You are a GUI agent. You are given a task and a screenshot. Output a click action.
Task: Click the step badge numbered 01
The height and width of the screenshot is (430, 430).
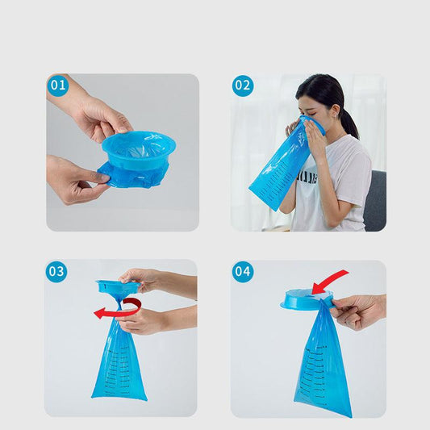tap(58, 86)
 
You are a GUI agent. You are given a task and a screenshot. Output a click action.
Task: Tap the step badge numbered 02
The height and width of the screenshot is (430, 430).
tap(243, 86)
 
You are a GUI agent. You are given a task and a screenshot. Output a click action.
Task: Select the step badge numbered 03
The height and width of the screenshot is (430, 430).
tap(56, 272)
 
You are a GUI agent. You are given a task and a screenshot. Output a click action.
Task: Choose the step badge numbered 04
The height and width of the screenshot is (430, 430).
tap(243, 272)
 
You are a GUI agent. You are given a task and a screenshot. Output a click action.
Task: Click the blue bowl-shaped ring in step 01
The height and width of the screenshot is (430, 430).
tap(138, 149)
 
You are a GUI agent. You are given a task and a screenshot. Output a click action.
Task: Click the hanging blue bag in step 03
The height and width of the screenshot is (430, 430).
tap(119, 363)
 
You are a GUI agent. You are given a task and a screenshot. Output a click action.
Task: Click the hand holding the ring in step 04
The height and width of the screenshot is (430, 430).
tap(355, 310)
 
